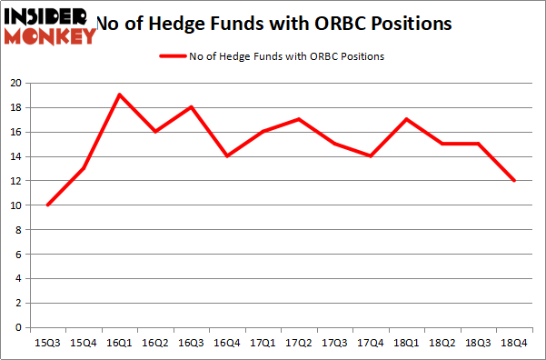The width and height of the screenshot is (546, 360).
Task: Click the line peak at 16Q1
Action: coord(119,95)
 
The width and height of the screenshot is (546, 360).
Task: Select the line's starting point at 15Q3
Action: coord(47,205)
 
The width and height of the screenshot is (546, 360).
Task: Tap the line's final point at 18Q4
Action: coord(514,180)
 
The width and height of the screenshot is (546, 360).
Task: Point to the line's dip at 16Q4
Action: coord(227,155)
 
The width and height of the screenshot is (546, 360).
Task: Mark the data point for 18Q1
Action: coord(406,119)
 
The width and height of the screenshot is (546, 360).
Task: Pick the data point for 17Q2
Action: coord(299,119)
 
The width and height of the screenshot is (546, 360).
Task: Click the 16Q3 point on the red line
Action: coord(191,106)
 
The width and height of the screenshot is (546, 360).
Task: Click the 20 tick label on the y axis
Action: coord(15,83)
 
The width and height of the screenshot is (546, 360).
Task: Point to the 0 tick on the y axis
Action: coord(18,327)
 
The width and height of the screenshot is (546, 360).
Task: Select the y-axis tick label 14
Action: coord(15,156)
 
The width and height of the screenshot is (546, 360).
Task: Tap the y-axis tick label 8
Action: coord(18,229)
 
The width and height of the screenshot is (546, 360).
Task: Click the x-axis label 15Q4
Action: coord(84,342)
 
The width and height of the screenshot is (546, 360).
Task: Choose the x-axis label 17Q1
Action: coord(263,342)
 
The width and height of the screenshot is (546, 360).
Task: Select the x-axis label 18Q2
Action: coord(442,342)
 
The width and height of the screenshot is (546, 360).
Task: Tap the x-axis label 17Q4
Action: coord(371,342)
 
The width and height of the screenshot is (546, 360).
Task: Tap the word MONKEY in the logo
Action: coord(50,36)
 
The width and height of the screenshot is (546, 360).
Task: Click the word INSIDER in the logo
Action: coord(45,15)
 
